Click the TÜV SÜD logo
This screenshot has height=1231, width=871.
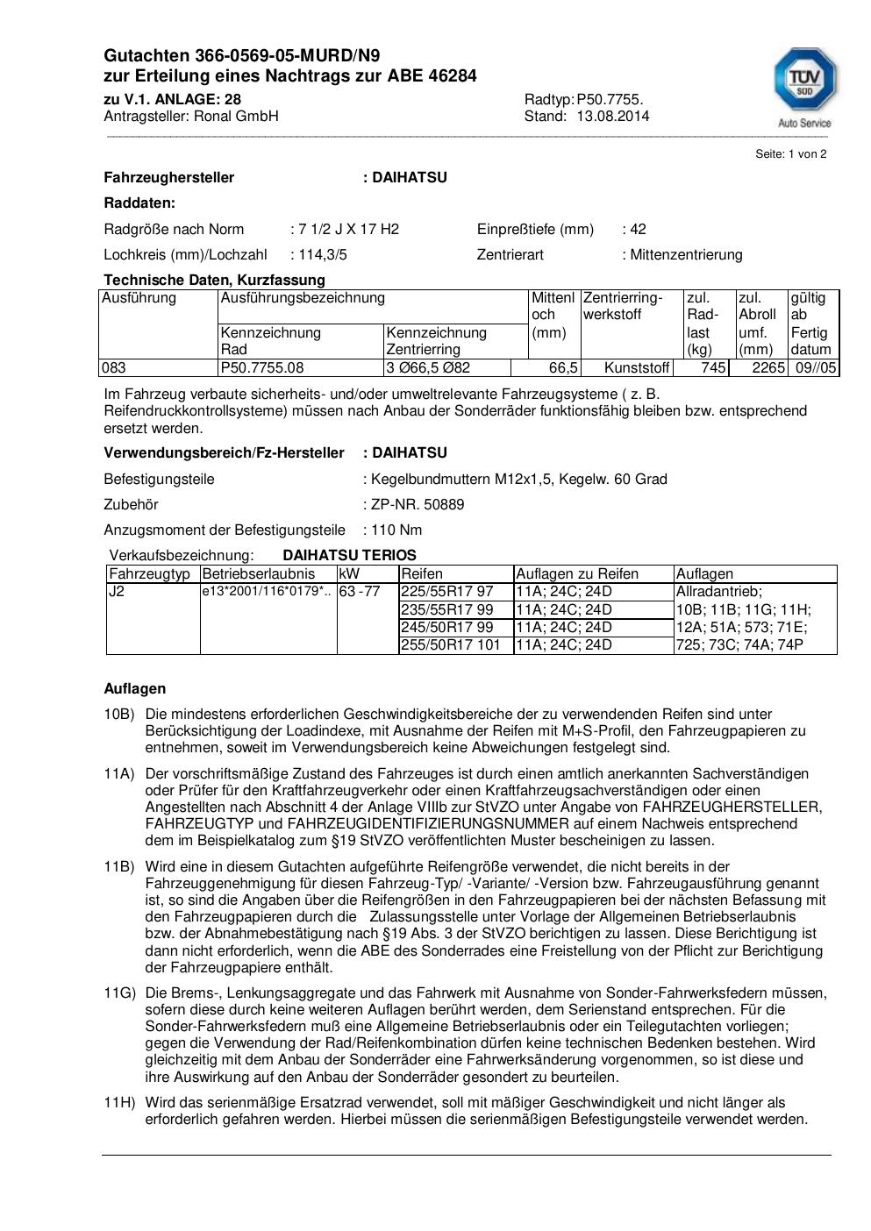pos(804,86)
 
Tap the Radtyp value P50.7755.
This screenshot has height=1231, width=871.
pos(610,99)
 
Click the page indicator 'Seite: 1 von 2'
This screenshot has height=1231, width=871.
pos(790,154)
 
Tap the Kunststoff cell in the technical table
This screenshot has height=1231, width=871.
pos(637,368)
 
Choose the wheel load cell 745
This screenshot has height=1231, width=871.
pos(713,368)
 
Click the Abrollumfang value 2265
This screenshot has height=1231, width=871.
pos(767,368)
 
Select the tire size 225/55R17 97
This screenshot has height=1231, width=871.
pos(447,592)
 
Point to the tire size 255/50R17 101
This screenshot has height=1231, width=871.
pos(451,645)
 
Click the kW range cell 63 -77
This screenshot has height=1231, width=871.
pos(360,592)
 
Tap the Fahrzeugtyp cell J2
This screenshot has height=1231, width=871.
pos(117,592)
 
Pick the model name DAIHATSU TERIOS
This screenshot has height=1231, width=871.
pos(349,556)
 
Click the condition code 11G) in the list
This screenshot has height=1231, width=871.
pos(120,993)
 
